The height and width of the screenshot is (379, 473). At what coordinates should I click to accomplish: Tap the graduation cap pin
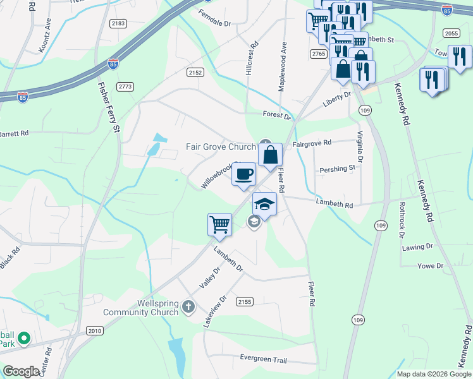264,204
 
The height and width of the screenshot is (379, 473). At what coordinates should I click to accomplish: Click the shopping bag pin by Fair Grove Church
270,155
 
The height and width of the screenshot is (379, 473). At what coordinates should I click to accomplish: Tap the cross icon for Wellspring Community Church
187,308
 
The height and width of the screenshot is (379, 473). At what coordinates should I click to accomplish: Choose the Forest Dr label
277,116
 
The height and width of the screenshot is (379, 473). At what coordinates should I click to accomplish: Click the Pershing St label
338,169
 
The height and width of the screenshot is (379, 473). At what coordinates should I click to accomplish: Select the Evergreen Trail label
263,359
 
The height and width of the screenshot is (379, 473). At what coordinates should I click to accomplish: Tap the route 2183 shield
118,23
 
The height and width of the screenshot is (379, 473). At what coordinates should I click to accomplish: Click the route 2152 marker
195,73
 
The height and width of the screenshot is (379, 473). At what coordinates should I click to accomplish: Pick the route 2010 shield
94,330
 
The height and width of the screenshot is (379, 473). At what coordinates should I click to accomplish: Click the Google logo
21,371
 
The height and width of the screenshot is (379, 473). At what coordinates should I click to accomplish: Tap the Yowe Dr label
431,267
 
